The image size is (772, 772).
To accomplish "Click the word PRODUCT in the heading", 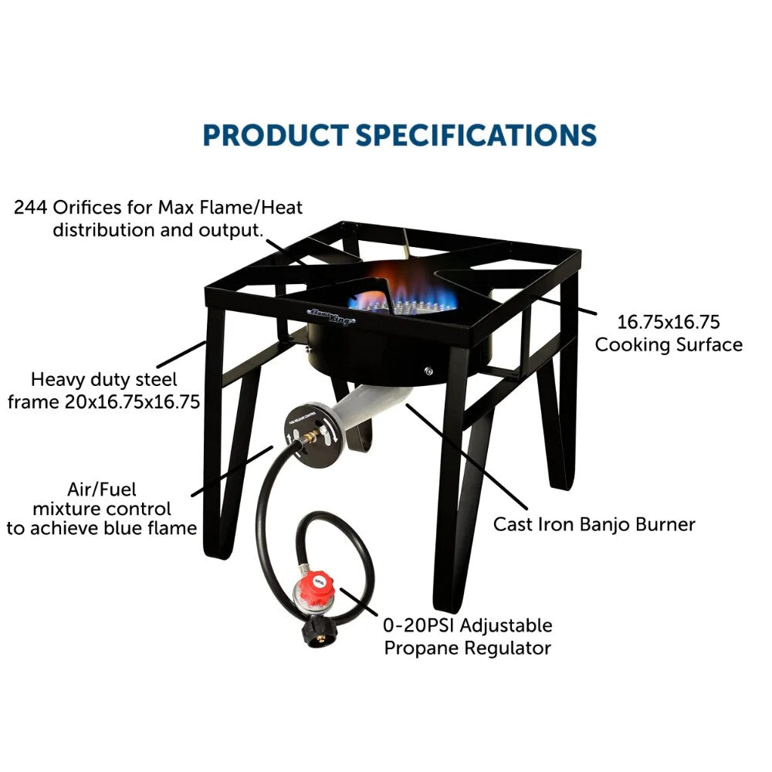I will point(276,134).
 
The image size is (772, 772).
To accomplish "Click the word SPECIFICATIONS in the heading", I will point(476,134).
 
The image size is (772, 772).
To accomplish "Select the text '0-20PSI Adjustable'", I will point(469,625).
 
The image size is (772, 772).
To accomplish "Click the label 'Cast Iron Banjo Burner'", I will point(594,524).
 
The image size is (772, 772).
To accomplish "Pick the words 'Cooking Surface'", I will point(669,344).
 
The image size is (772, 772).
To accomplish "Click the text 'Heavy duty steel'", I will point(104,379).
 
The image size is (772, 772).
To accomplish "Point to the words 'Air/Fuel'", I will point(101,489).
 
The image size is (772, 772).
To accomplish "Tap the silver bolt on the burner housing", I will point(428,373).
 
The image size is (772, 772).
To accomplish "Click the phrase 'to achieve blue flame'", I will point(101,529).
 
